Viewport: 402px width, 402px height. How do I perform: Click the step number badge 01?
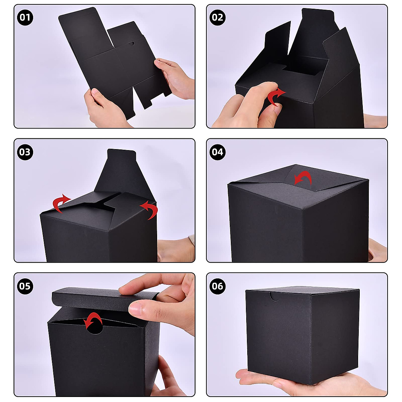point(25,17)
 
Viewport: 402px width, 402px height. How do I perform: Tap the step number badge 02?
point(217,17)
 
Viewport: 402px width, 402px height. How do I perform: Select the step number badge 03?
point(25,152)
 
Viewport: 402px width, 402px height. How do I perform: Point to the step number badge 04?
point(217,152)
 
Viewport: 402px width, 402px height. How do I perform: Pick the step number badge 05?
point(25,286)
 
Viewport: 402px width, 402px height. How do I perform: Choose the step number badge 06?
point(217,286)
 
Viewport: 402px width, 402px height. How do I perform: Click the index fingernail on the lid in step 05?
point(136,308)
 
